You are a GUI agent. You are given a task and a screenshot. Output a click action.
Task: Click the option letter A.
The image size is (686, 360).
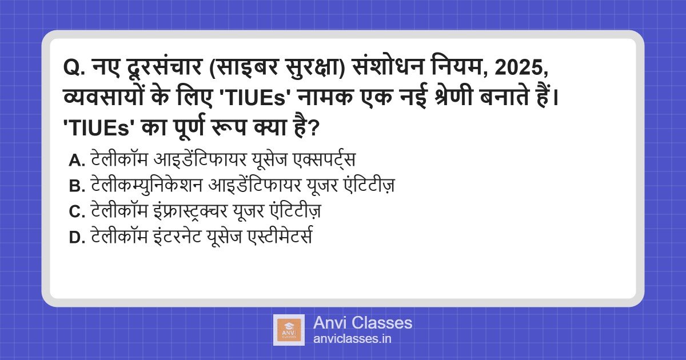click(77, 161)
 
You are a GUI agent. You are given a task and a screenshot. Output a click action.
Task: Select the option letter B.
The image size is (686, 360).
click(77, 186)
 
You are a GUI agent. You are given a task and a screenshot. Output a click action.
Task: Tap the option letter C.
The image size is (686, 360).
click(77, 211)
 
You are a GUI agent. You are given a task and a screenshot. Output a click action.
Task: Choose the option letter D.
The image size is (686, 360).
click(77, 237)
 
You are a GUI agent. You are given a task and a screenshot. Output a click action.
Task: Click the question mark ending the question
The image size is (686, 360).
click(314, 128)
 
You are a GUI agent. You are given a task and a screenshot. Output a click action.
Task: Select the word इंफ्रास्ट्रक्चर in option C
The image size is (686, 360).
click(190, 211)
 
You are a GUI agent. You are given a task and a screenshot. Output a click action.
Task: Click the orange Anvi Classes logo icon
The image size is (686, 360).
click(289, 330)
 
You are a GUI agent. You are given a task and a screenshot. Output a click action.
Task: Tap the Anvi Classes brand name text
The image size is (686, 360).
click(362, 323)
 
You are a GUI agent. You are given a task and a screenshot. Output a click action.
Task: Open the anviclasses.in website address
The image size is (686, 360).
click(352, 339)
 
